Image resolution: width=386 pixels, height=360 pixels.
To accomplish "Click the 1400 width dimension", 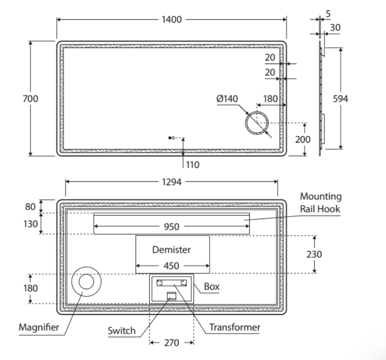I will [172, 20].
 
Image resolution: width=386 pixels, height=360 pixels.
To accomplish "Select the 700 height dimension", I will [31, 98].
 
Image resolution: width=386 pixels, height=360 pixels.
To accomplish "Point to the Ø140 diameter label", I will [227, 99].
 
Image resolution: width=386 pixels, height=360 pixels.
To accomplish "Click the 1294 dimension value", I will [172, 182].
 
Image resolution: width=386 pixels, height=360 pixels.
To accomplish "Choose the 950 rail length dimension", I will [172, 227].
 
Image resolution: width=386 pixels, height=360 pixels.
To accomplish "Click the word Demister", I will [172, 249].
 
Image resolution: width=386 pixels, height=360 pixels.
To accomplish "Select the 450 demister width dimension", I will [172, 266].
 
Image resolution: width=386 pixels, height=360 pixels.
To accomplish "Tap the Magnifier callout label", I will [38, 327].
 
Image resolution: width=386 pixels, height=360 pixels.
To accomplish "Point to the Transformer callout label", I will [235, 327].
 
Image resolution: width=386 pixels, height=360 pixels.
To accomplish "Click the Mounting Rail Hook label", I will [321, 202].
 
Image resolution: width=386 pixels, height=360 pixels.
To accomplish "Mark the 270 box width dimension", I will [172, 343].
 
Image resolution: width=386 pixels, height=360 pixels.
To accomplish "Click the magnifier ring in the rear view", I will [86, 282].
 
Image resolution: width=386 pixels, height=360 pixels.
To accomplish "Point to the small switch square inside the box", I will [172, 296].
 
